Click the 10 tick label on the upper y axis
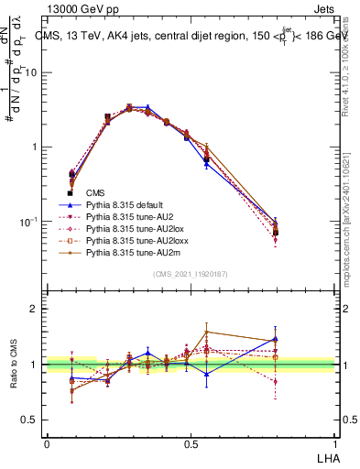(31, 72)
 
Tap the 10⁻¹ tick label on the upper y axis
(28, 222)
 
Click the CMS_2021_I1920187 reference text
(190, 274)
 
